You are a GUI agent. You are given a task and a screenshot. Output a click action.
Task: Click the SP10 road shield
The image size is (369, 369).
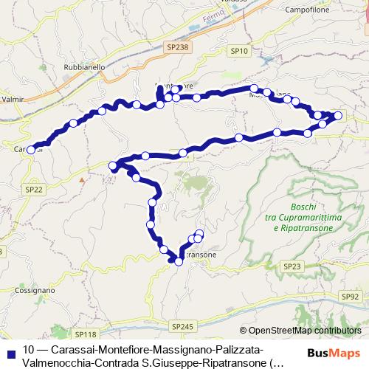239,51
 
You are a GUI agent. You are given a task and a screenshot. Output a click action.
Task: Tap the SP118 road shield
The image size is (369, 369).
84,334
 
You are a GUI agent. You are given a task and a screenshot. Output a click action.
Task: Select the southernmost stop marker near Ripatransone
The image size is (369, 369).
179,261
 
